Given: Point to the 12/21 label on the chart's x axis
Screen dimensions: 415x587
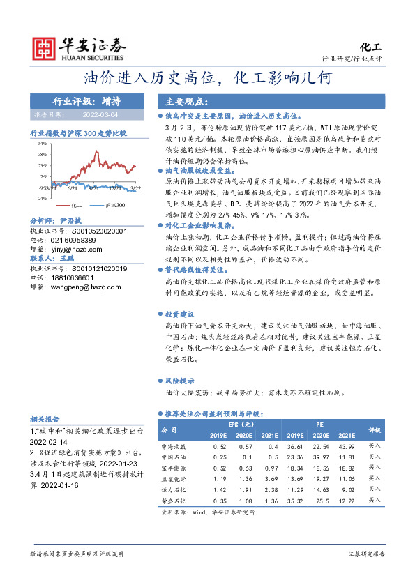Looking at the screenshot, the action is point(115,188).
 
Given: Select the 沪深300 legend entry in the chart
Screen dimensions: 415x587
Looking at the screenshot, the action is point(114,206).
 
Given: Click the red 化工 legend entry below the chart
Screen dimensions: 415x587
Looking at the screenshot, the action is point(72,206).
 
